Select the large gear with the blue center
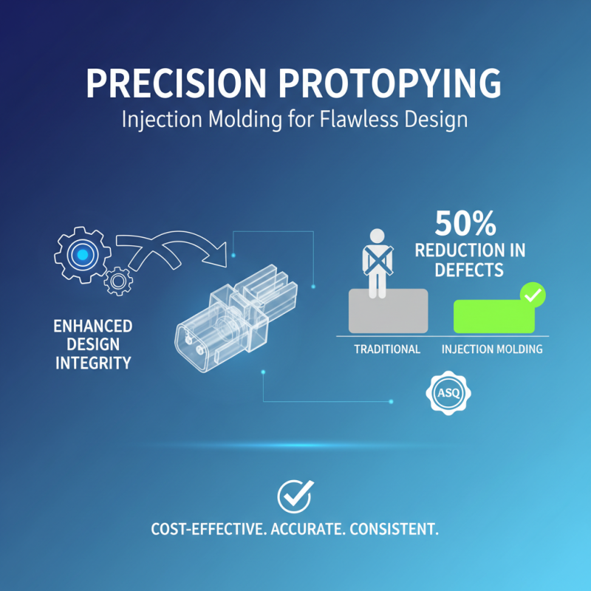[82, 254]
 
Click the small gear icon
[119, 281]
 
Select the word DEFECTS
[470, 270]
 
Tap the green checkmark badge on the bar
[533, 296]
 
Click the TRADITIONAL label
[387, 349]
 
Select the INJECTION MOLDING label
[492, 349]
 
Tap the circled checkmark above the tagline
[294, 496]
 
